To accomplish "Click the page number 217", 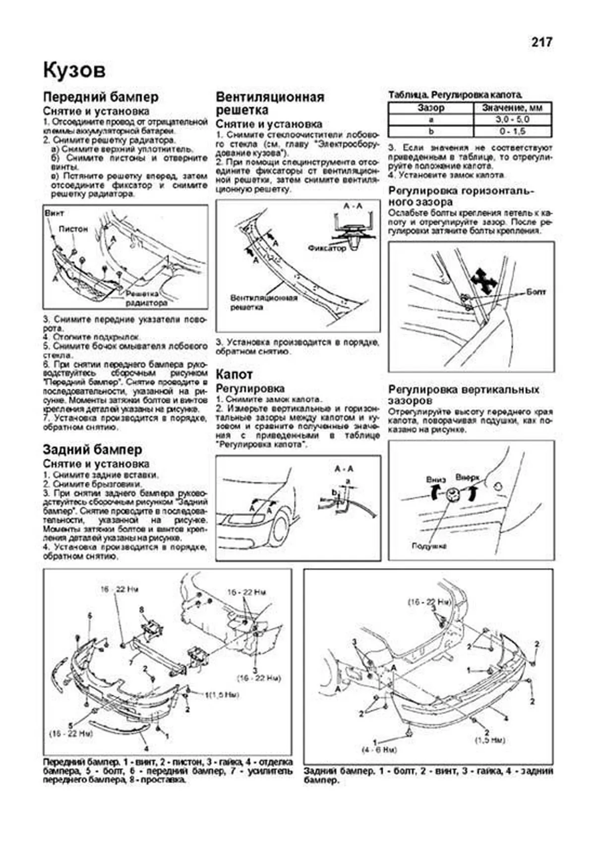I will (541, 43).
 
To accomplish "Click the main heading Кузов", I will (74, 71).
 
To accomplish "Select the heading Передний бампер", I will (101, 97).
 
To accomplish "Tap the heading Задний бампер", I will (92, 449).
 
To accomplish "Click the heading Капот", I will (234, 375).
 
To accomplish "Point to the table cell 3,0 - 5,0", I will (512, 120).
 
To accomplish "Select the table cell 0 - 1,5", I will (512, 131).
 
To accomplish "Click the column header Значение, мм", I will (512, 108).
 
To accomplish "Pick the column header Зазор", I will (430, 108).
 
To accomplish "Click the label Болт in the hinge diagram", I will (535, 292).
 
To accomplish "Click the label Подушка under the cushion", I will (428, 546).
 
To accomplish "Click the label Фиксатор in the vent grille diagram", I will (326, 248).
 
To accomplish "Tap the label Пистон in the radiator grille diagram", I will (73, 229).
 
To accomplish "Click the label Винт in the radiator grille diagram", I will (55, 213).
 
